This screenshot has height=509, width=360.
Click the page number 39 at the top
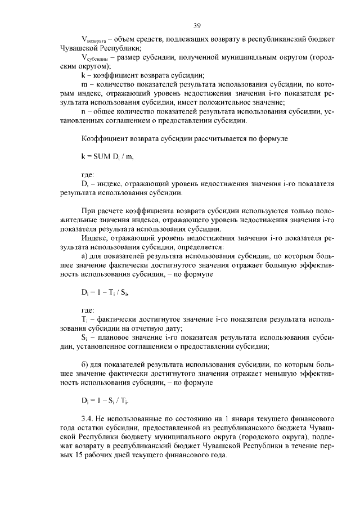click(197, 25)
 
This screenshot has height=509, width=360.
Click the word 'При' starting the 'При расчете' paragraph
click(88, 210)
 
